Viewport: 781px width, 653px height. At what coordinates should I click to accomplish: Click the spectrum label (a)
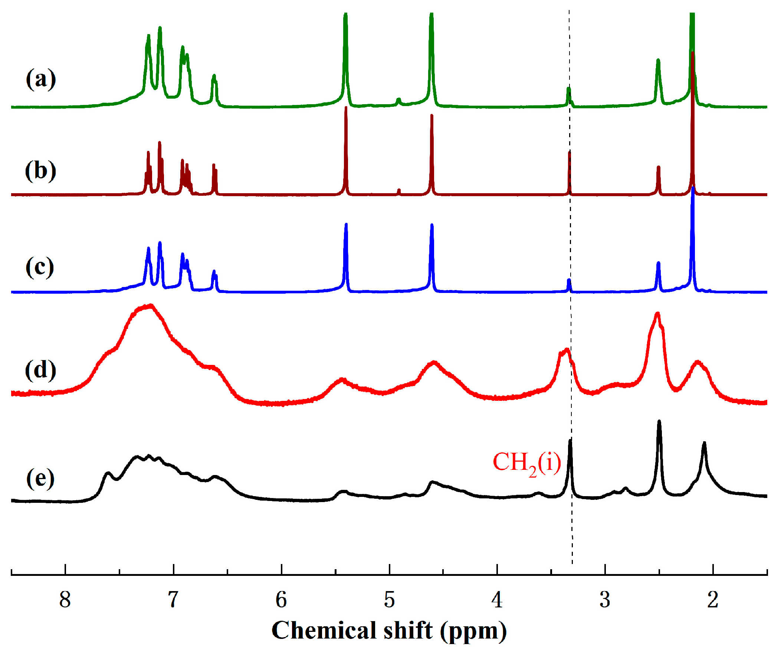41,79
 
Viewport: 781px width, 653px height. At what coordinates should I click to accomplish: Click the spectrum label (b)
41,171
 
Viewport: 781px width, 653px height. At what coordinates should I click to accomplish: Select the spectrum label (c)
40,267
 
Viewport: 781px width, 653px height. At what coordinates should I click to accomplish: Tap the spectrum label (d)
41,370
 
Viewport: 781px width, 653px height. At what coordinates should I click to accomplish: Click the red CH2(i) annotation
526,463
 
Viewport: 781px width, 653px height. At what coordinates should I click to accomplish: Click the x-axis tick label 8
65,600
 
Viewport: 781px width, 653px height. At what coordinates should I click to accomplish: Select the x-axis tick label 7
173,600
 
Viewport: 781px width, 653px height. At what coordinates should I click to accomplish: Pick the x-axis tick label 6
281,600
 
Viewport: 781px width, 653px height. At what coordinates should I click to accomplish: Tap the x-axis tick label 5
389,600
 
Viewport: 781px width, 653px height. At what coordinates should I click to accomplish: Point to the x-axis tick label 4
497,600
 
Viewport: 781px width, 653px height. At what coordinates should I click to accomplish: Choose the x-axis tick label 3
605,600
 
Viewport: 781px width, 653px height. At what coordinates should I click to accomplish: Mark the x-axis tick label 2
713,600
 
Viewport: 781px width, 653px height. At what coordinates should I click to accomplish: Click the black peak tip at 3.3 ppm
570,440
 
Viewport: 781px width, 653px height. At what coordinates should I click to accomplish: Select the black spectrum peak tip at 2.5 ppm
659,421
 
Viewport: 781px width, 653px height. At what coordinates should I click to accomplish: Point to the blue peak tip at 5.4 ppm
346,224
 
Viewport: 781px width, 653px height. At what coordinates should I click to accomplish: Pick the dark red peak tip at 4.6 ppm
432,115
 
